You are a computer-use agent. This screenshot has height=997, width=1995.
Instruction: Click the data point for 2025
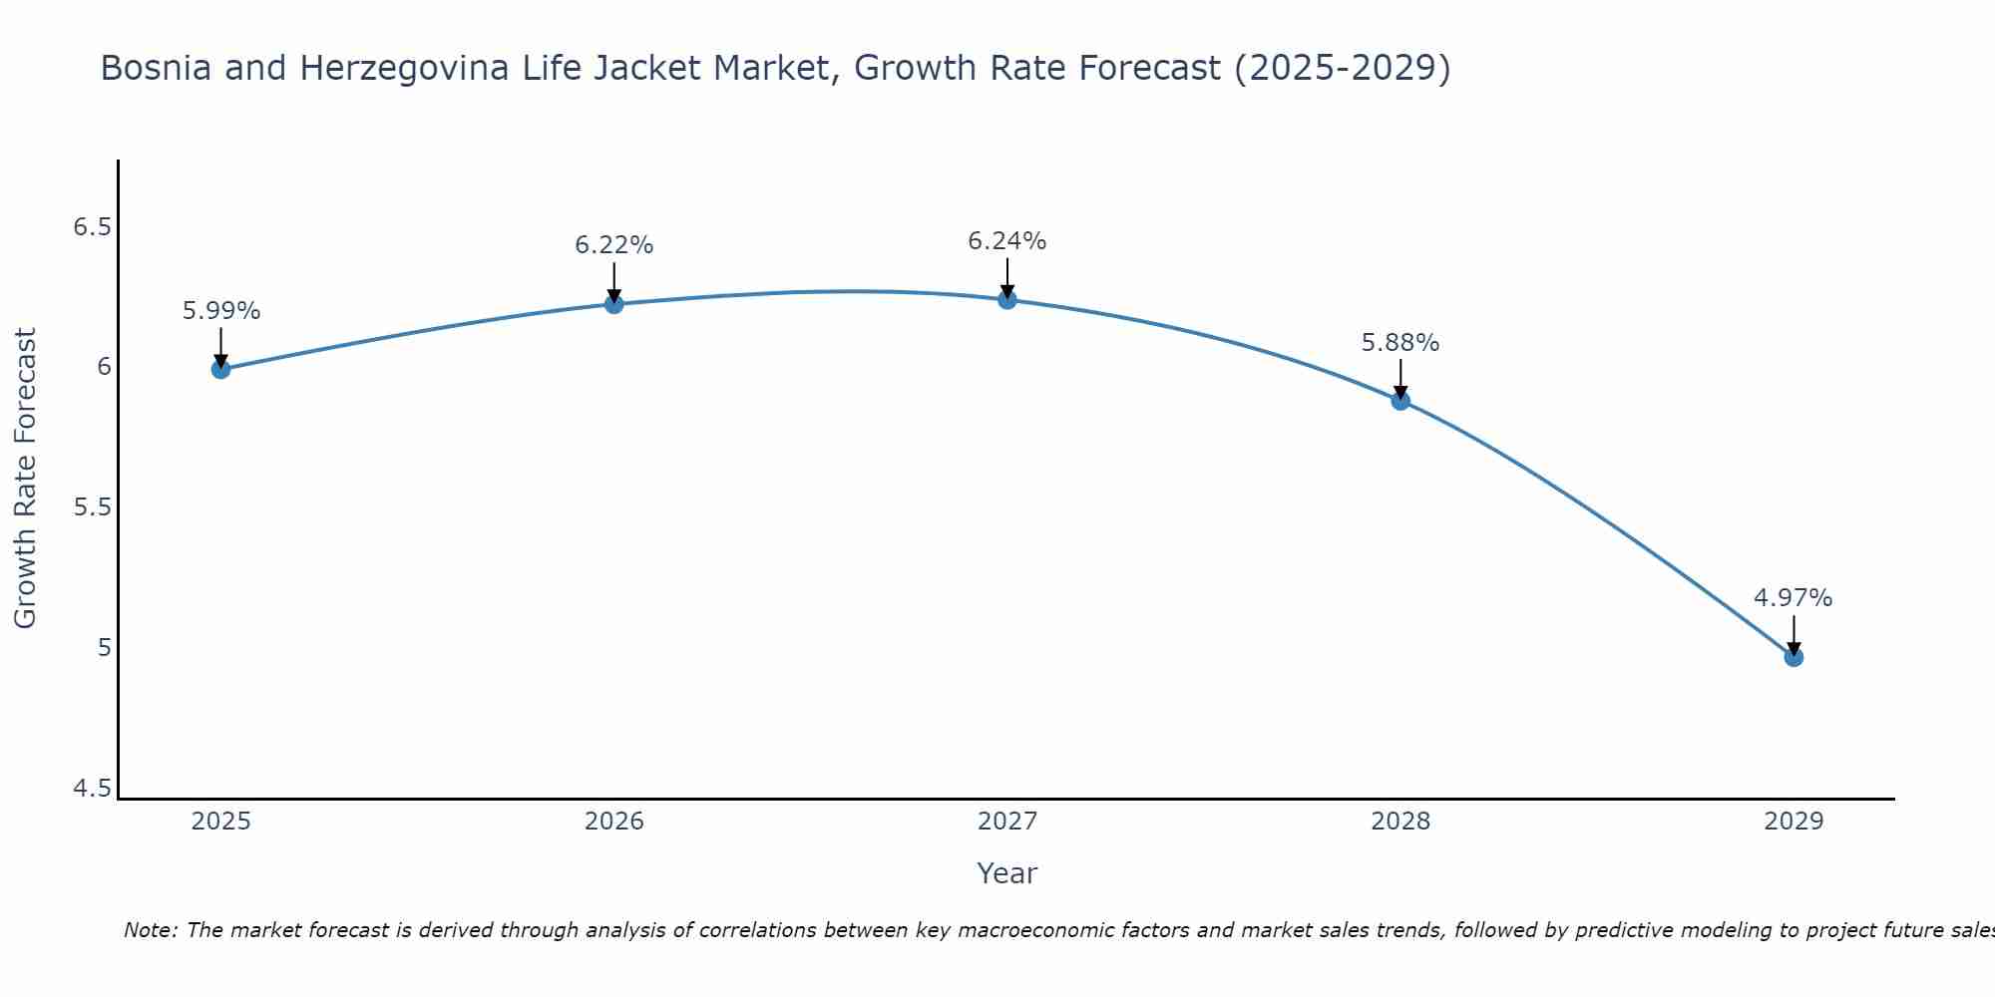pos(220,369)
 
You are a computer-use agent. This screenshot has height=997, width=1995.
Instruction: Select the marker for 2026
pos(613,304)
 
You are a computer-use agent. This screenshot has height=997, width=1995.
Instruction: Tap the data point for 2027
pos(1006,299)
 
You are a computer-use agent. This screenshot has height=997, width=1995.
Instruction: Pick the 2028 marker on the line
pos(1400,401)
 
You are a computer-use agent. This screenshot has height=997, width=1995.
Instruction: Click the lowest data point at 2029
pos(1794,657)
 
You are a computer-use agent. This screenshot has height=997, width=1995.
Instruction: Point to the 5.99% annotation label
pos(220,311)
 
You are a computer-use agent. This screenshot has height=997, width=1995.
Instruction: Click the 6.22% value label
pos(613,245)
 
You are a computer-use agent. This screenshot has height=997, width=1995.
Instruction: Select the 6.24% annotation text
pos(1006,241)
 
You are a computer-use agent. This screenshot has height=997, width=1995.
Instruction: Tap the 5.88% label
pos(1400,343)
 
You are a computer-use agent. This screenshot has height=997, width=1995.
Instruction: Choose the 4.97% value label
pos(1794,598)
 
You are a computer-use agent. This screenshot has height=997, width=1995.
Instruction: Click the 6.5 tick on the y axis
pos(92,227)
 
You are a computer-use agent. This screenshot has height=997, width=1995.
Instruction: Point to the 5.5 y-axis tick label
pos(92,507)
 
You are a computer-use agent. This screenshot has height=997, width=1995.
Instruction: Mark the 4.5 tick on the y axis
pos(92,789)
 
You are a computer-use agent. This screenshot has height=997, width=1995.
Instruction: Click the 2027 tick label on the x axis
pos(1006,822)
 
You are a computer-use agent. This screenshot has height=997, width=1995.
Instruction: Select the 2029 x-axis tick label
pos(1794,822)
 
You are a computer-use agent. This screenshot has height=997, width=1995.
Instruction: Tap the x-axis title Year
pos(1006,873)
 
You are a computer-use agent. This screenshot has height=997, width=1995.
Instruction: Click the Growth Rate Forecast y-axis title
pos(26,479)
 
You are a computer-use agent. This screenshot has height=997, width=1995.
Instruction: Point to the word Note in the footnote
pos(150,930)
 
